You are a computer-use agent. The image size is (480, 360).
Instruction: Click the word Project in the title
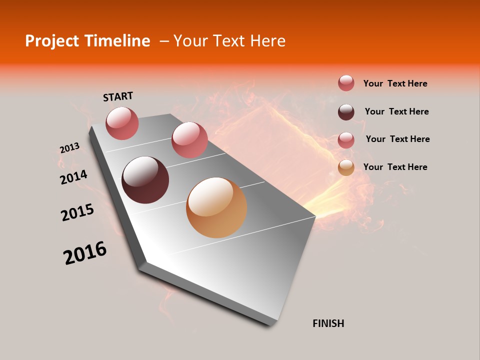tap(51, 41)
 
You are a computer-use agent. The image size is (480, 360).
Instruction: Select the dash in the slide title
tap(163, 41)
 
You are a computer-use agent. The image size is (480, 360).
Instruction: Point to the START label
tap(118, 96)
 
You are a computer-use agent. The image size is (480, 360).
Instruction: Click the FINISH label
tap(328, 323)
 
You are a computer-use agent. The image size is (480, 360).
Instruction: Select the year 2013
tap(69, 148)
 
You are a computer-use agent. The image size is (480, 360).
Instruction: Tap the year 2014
tap(74, 177)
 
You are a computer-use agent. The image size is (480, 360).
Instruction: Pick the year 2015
tap(77, 213)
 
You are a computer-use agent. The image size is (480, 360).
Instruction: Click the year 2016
tap(85, 253)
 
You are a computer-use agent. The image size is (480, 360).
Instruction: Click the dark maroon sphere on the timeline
tap(145, 180)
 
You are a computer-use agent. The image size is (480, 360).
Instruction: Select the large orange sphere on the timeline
tap(216, 207)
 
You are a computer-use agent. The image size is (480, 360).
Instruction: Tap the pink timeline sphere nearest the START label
tap(122, 123)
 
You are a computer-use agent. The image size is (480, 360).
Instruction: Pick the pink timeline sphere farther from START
tap(189, 140)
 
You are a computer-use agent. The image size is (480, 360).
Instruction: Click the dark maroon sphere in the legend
tap(346, 112)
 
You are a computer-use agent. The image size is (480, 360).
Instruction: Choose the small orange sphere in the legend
tap(346, 168)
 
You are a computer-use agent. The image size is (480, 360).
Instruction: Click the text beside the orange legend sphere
tap(395, 167)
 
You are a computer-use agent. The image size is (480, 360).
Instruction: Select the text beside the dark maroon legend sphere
tap(396, 111)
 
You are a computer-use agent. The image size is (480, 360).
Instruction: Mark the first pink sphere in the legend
tap(346, 83)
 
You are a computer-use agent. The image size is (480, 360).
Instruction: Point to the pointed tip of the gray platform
tap(314, 216)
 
